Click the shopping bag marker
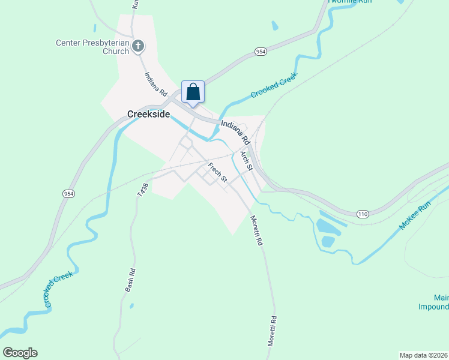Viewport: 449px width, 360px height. (193, 92)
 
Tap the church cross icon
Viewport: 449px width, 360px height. (138, 46)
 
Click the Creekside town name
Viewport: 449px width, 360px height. (149, 114)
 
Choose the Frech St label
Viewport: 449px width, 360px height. (218, 172)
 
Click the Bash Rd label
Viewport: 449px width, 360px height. (130, 280)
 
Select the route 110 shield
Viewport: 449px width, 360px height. (362, 214)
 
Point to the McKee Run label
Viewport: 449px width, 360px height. (415, 217)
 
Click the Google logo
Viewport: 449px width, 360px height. (20, 353)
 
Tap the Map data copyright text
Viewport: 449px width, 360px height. (423, 355)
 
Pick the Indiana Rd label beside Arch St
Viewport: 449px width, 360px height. (235, 131)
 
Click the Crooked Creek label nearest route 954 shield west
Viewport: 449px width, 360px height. (59, 289)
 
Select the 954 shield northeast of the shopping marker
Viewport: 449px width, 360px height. (260, 52)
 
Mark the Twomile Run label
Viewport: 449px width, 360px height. (350, 2)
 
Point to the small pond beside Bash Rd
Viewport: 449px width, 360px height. (131, 306)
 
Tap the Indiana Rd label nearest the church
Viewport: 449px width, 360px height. (155, 85)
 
